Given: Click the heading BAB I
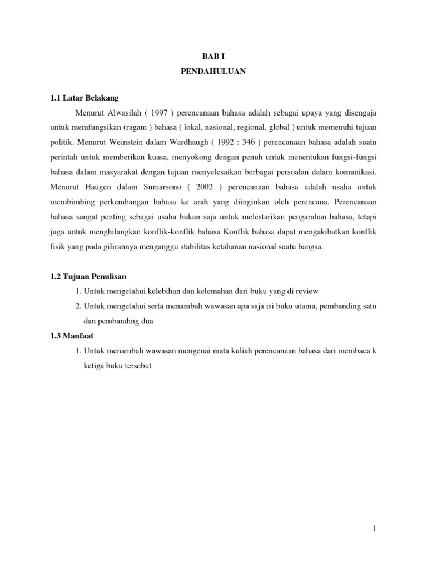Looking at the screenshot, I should (213, 57).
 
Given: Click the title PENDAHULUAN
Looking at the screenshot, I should (213, 72).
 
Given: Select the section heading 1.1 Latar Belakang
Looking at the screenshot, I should (85, 98).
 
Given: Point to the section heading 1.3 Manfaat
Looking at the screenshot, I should (75, 336).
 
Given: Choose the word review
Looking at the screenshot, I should (308, 291).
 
